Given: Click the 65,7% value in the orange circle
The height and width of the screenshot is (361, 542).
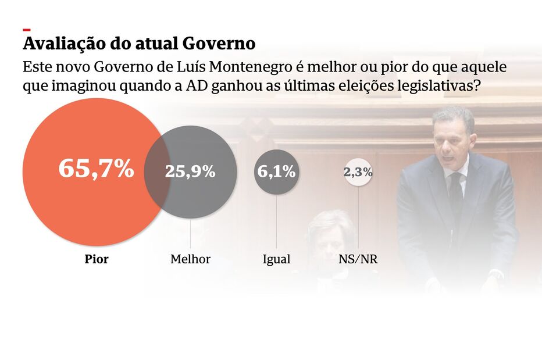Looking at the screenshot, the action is tap(96, 169).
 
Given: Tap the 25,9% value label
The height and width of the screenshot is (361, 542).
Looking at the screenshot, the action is tap(190, 171).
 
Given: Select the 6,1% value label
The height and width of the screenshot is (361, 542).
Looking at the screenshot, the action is tap(277, 171).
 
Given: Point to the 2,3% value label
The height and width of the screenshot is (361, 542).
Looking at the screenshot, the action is tap(358, 171).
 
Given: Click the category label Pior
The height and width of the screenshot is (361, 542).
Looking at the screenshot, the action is tap(97, 259).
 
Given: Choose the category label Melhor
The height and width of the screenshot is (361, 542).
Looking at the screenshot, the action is tap(190, 259).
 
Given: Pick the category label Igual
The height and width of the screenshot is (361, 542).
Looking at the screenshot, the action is tap(277, 259).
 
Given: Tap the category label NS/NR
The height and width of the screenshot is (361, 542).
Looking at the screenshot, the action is tap(358, 259).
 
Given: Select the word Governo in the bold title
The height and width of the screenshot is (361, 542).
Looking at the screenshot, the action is tap(219, 44).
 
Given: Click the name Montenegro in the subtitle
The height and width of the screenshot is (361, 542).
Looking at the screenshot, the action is tap(251, 67).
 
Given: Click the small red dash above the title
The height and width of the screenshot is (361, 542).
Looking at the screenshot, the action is tap(27, 30).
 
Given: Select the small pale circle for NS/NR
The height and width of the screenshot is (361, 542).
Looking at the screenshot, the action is tap(358, 171).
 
